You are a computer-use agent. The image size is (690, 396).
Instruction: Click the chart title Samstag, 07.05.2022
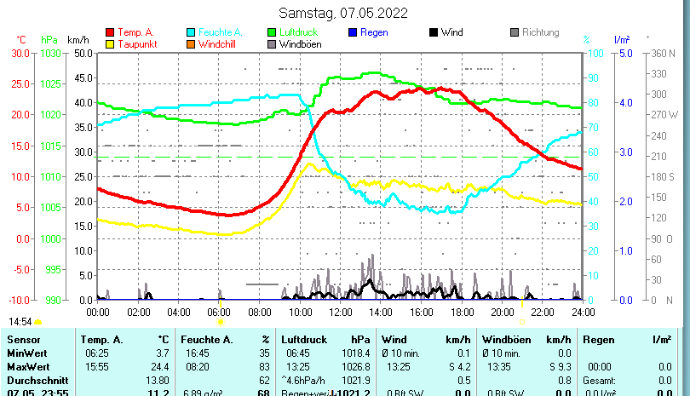(343, 13)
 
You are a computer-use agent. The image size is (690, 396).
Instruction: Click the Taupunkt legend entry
(136, 43)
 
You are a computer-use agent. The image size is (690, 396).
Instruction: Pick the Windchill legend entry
(219, 43)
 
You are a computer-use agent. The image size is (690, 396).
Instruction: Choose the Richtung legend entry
(540, 32)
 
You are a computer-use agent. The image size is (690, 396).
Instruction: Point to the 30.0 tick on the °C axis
(20, 53)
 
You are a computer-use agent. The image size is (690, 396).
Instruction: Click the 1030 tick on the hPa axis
(50, 53)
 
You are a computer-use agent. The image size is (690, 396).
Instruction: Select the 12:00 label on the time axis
(341, 313)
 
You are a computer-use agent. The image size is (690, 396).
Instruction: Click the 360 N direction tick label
(663, 53)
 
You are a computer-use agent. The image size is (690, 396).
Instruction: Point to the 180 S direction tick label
(663, 176)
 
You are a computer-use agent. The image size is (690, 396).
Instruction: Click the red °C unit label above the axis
(21, 40)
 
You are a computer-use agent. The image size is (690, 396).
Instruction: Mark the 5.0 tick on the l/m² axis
(624, 53)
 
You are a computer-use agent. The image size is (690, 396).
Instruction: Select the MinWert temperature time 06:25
(95, 353)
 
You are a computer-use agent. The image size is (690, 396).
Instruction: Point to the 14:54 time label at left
(20, 322)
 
